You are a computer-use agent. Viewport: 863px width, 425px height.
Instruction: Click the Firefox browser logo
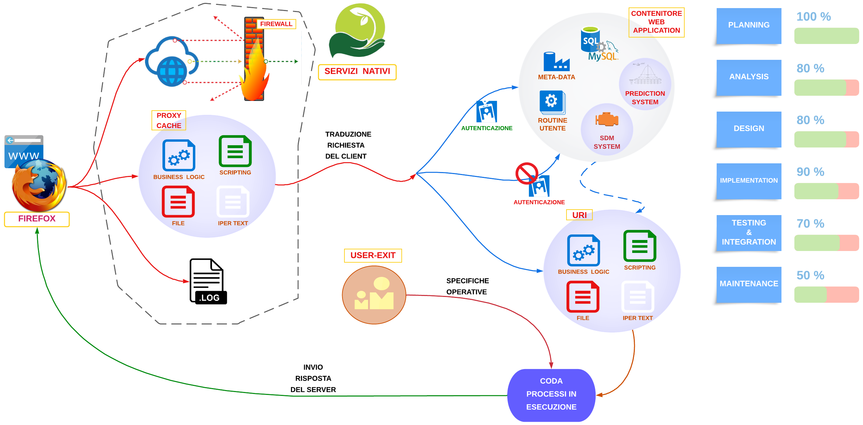(39, 185)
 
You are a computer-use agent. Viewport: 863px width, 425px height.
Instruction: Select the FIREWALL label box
(276, 24)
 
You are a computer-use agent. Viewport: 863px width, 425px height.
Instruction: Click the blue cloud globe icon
(172, 62)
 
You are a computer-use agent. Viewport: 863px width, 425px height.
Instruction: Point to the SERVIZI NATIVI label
(357, 71)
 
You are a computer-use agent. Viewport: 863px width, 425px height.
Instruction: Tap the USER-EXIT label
(373, 255)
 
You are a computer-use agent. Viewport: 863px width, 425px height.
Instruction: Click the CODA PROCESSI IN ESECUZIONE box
(551, 394)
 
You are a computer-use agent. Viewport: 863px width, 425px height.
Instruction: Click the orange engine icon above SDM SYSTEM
(606, 119)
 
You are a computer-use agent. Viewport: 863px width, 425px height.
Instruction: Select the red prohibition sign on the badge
(526, 173)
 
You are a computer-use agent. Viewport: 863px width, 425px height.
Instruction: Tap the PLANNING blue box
(748, 26)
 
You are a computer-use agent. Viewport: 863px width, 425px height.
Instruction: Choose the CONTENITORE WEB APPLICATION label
(656, 22)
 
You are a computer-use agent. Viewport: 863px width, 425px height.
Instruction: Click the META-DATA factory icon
(556, 62)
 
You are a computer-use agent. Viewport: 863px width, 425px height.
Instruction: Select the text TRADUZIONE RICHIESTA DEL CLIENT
(347, 145)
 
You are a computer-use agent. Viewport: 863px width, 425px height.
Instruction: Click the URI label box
(579, 215)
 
